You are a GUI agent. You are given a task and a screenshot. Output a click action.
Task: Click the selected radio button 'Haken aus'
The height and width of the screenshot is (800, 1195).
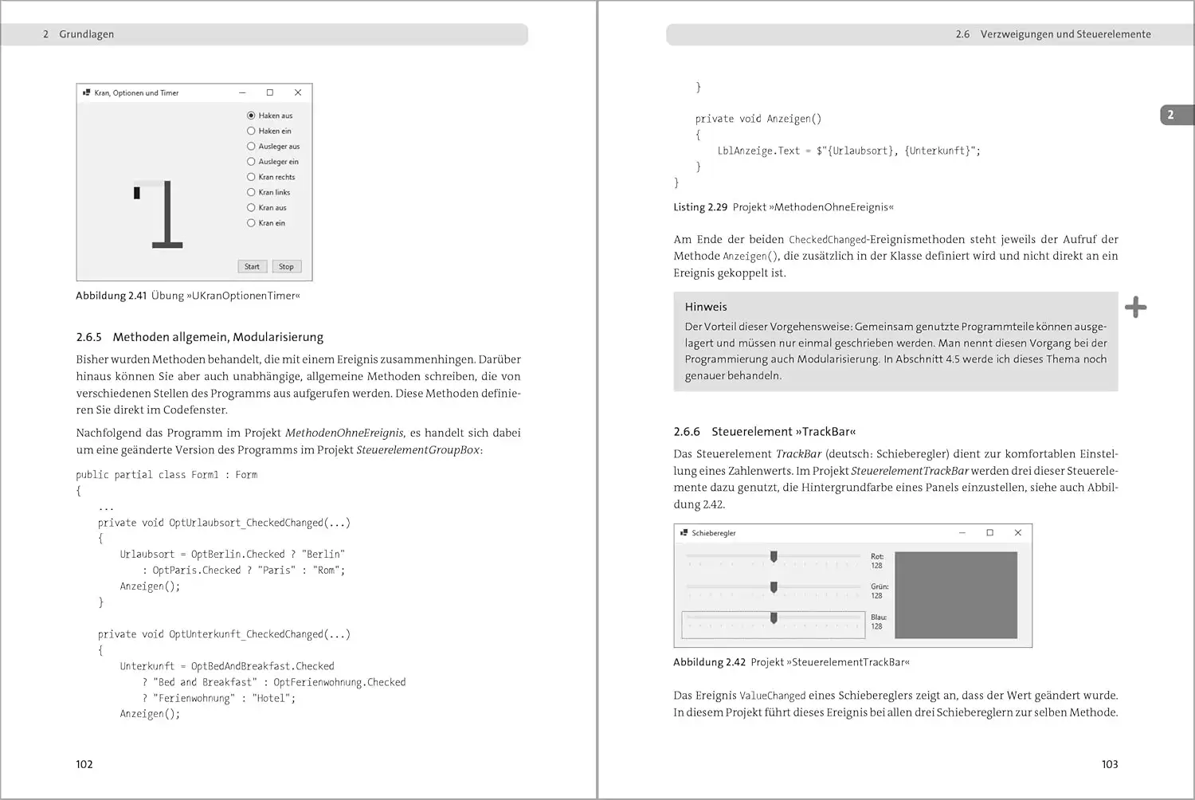tap(251, 116)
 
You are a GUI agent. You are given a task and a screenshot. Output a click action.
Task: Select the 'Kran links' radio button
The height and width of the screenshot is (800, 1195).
tap(251, 192)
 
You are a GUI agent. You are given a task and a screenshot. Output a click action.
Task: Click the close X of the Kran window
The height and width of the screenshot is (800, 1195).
tap(298, 92)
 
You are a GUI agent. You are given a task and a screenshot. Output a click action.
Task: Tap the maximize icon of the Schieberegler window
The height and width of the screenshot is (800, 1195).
tap(989, 532)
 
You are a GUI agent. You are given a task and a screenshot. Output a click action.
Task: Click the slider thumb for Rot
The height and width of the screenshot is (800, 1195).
tap(774, 556)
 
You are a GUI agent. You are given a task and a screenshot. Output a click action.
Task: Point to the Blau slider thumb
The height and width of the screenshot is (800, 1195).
tap(774, 618)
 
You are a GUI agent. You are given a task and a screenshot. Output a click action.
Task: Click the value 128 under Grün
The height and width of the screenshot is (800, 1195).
tap(876, 596)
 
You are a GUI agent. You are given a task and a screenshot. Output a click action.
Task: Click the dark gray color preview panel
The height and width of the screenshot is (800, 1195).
tap(956, 594)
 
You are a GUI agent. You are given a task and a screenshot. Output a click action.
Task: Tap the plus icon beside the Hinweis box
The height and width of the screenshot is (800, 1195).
tap(1136, 307)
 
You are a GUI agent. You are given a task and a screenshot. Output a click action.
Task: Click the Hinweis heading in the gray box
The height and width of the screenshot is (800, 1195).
tap(706, 307)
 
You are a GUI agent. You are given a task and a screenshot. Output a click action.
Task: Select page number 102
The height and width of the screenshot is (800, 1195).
tap(84, 764)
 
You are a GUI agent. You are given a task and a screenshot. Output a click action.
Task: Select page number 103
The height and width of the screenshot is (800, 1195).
tap(1110, 764)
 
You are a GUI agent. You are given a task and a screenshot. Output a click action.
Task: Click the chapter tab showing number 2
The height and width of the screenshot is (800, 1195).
tap(1172, 115)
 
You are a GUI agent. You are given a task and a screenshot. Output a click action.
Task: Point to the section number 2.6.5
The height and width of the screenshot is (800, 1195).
tap(89, 337)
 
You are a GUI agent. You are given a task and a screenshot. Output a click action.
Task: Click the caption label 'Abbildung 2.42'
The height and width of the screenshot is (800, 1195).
tap(709, 662)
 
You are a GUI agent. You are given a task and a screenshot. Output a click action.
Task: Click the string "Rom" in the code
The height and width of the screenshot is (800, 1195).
tap(327, 571)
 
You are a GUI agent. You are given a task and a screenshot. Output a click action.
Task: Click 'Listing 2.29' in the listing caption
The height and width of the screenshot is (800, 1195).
tap(700, 207)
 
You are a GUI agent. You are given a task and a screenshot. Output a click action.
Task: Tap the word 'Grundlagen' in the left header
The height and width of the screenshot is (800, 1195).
tap(86, 34)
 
